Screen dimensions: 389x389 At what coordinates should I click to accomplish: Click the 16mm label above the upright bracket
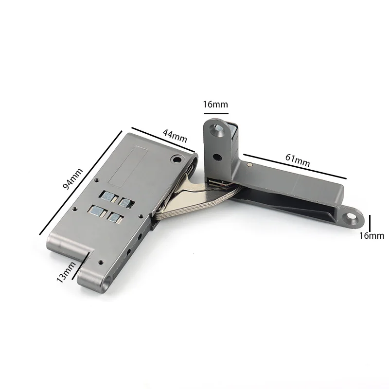tap(215, 104)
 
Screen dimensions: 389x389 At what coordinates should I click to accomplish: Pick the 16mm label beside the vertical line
tap(371, 236)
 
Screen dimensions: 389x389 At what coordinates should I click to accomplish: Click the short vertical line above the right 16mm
tap(370, 223)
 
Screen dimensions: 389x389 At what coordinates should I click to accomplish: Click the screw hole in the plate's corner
tap(176, 159)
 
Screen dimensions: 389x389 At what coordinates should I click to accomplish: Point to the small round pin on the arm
tap(249, 165)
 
